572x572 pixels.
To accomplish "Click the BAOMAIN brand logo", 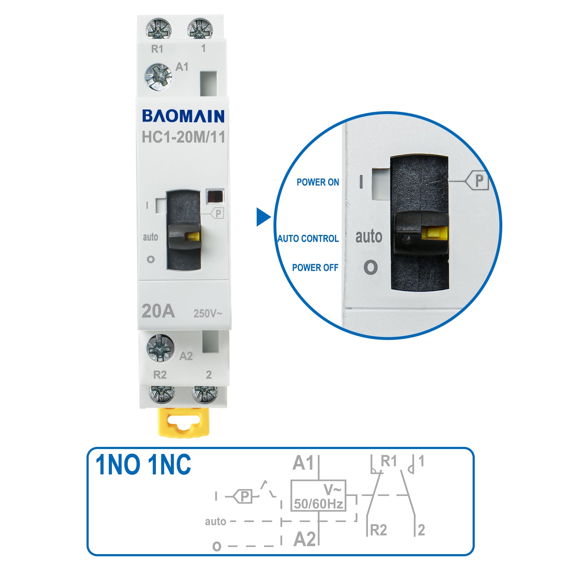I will click(x=183, y=116).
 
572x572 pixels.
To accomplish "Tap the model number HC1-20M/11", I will click(x=183, y=137).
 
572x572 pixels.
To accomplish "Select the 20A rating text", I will click(x=158, y=311).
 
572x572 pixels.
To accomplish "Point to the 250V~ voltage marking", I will click(x=208, y=314).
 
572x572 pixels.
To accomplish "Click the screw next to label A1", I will click(x=158, y=77).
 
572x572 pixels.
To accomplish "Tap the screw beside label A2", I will click(x=161, y=347).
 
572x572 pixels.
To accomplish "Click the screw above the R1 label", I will click(x=159, y=29).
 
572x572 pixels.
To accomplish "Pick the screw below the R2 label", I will click(x=162, y=394).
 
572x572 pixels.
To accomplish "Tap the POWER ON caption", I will click(x=318, y=182).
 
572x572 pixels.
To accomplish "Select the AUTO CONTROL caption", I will click(x=308, y=238).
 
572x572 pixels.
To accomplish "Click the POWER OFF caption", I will click(x=315, y=268).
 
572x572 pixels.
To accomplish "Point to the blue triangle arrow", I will click(x=263, y=217).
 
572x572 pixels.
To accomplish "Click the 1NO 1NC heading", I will click(x=143, y=465).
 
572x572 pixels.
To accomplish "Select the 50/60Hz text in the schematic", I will click(x=318, y=504).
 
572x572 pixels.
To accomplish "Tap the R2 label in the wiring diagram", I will click(x=378, y=530).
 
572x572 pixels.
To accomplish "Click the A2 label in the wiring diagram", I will click(x=305, y=539).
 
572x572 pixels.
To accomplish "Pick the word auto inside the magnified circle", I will click(x=369, y=236).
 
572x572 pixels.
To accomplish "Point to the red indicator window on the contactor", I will click(x=215, y=196).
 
